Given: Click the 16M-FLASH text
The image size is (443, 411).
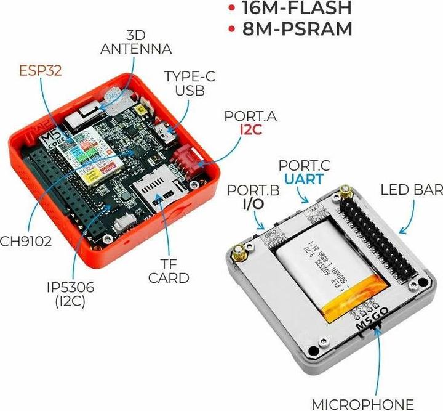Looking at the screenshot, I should pos(297,8).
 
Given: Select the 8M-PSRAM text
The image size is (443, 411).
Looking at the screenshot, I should pos(297,29).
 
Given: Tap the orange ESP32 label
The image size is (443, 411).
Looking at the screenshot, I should pos(39,69).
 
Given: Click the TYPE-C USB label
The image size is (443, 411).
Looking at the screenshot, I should pos(188,83).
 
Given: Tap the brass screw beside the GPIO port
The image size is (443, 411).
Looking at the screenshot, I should pos(239,252).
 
